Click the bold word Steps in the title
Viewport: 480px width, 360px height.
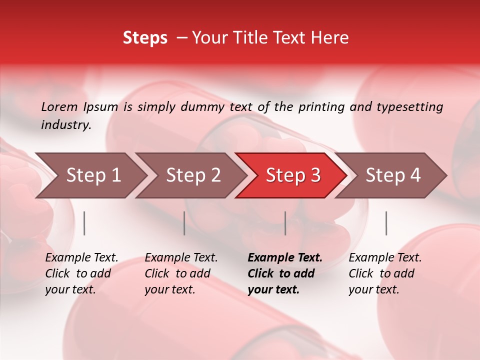(x=145, y=38)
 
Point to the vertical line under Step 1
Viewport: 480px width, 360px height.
(x=84, y=223)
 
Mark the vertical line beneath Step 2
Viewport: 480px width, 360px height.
(x=184, y=223)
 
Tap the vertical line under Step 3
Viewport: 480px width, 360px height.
(x=285, y=223)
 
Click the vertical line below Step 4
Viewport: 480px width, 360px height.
(x=386, y=223)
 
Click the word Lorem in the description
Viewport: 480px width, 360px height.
(x=59, y=107)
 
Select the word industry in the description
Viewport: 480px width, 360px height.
(x=65, y=125)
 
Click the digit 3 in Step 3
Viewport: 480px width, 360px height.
(x=315, y=175)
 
